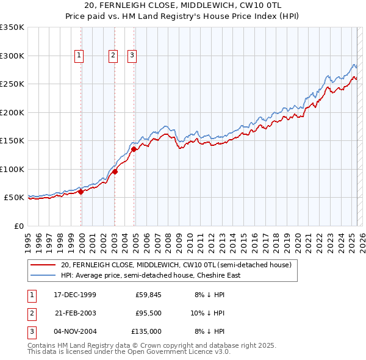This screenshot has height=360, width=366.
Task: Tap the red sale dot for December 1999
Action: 81,192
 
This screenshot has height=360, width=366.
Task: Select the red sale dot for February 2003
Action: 115,172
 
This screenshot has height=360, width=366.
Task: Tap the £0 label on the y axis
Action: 18,226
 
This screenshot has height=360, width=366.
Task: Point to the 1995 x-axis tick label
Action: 27,239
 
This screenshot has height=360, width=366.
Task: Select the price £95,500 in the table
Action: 148,312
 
